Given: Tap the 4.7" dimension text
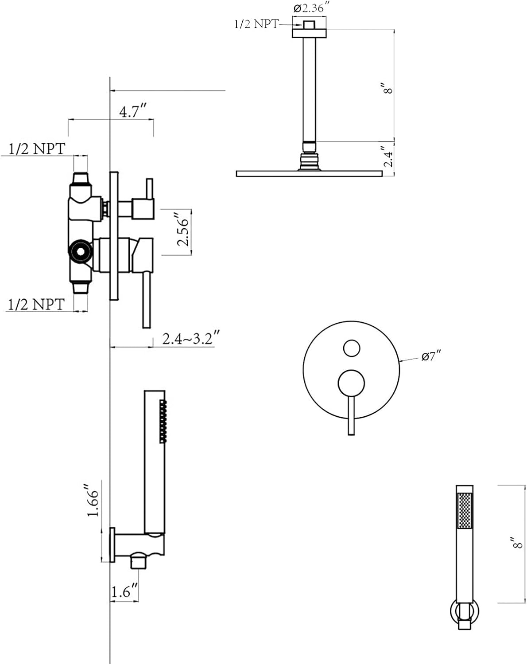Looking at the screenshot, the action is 133,111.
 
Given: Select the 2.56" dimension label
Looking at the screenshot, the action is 183,229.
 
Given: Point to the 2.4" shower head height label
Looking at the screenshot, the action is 388,156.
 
